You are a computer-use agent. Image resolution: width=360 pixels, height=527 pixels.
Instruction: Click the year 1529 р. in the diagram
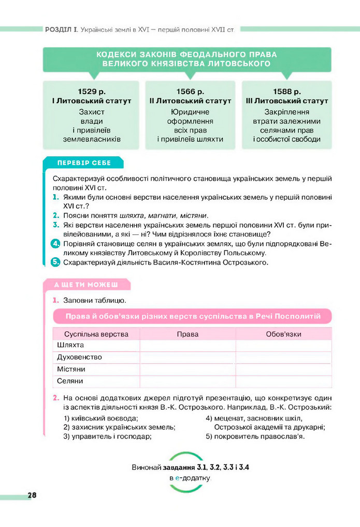(x=91, y=91)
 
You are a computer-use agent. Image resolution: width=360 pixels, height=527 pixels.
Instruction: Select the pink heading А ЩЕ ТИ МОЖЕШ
(x=87, y=285)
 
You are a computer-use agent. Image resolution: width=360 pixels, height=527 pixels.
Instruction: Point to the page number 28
(x=32, y=495)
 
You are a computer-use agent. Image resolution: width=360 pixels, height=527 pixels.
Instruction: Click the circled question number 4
(x=56, y=244)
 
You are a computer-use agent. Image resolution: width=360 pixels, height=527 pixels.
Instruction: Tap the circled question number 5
(x=56, y=262)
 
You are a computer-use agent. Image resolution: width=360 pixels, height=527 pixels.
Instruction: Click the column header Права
(x=188, y=334)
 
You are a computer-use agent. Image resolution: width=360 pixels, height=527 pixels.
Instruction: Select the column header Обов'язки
(x=283, y=334)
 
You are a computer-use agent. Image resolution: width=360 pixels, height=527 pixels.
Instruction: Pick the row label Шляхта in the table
(x=70, y=345)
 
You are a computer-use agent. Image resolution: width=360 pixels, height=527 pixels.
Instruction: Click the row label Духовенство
(x=79, y=357)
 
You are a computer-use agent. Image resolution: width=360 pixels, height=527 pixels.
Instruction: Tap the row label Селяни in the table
(x=69, y=381)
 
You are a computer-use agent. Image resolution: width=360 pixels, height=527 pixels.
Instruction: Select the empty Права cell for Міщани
(x=188, y=369)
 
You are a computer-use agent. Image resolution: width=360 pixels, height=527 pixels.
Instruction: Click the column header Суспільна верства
(x=96, y=334)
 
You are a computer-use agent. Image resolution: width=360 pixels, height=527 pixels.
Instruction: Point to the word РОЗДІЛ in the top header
(x=58, y=30)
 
